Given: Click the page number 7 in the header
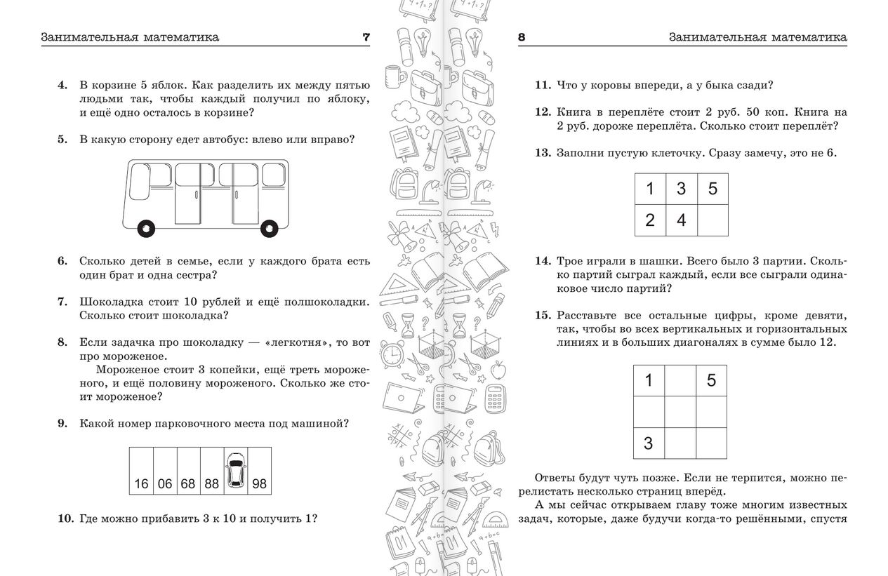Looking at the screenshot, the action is click(x=366, y=37).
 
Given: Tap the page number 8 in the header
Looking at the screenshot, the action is click(x=522, y=37).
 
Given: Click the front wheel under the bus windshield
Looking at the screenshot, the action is click(x=146, y=229).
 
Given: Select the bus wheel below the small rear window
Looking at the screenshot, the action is click(x=269, y=229).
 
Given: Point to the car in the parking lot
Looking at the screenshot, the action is click(x=236, y=470).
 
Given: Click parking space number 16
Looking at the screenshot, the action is click(x=141, y=471).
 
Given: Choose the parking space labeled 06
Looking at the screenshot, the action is click(x=165, y=471).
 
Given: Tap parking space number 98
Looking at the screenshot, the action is click(x=260, y=471).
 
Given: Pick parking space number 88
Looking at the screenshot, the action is click(x=212, y=471).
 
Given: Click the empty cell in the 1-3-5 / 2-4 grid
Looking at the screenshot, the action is click(x=713, y=220).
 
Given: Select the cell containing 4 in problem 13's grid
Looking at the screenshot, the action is click(x=682, y=220).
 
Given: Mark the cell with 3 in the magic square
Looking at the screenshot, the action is click(x=649, y=443).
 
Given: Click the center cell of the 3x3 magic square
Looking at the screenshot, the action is click(x=680, y=412).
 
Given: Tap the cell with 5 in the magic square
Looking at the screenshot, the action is click(x=711, y=381).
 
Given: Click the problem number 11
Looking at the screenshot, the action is click(x=543, y=85).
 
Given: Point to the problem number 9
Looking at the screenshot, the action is click(x=62, y=423).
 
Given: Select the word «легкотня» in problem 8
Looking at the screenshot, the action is click(x=298, y=342).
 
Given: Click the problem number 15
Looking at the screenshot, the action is click(x=543, y=315).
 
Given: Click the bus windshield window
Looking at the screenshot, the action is click(x=140, y=182).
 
